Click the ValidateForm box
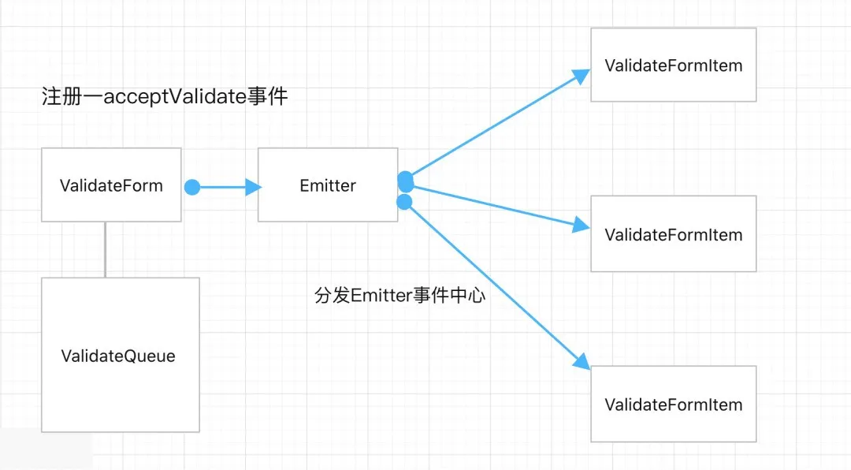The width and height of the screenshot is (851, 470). pyautogui.click(x=111, y=185)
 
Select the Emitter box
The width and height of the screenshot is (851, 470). pyautogui.click(x=328, y=185)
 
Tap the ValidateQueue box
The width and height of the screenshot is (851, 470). pyautogui.click(x=119, y=355)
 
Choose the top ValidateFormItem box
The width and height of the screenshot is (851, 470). pyautogui.click(x=673, y=65)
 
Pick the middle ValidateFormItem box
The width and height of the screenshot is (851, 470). pyautogui.click(x=673, y=234)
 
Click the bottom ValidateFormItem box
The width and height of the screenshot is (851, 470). pyautogui.click(x=673, y=404)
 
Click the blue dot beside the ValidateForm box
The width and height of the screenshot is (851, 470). pyautogui.click(x=191, y=187)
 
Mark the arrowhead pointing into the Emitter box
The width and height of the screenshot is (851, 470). pyautogui.click(x=253, y=187)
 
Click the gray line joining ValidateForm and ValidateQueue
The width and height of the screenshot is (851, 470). pyautogui.click(x=105, y=249)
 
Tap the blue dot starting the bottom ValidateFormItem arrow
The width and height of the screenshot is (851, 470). pyautogui.click(x=405, y=202)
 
